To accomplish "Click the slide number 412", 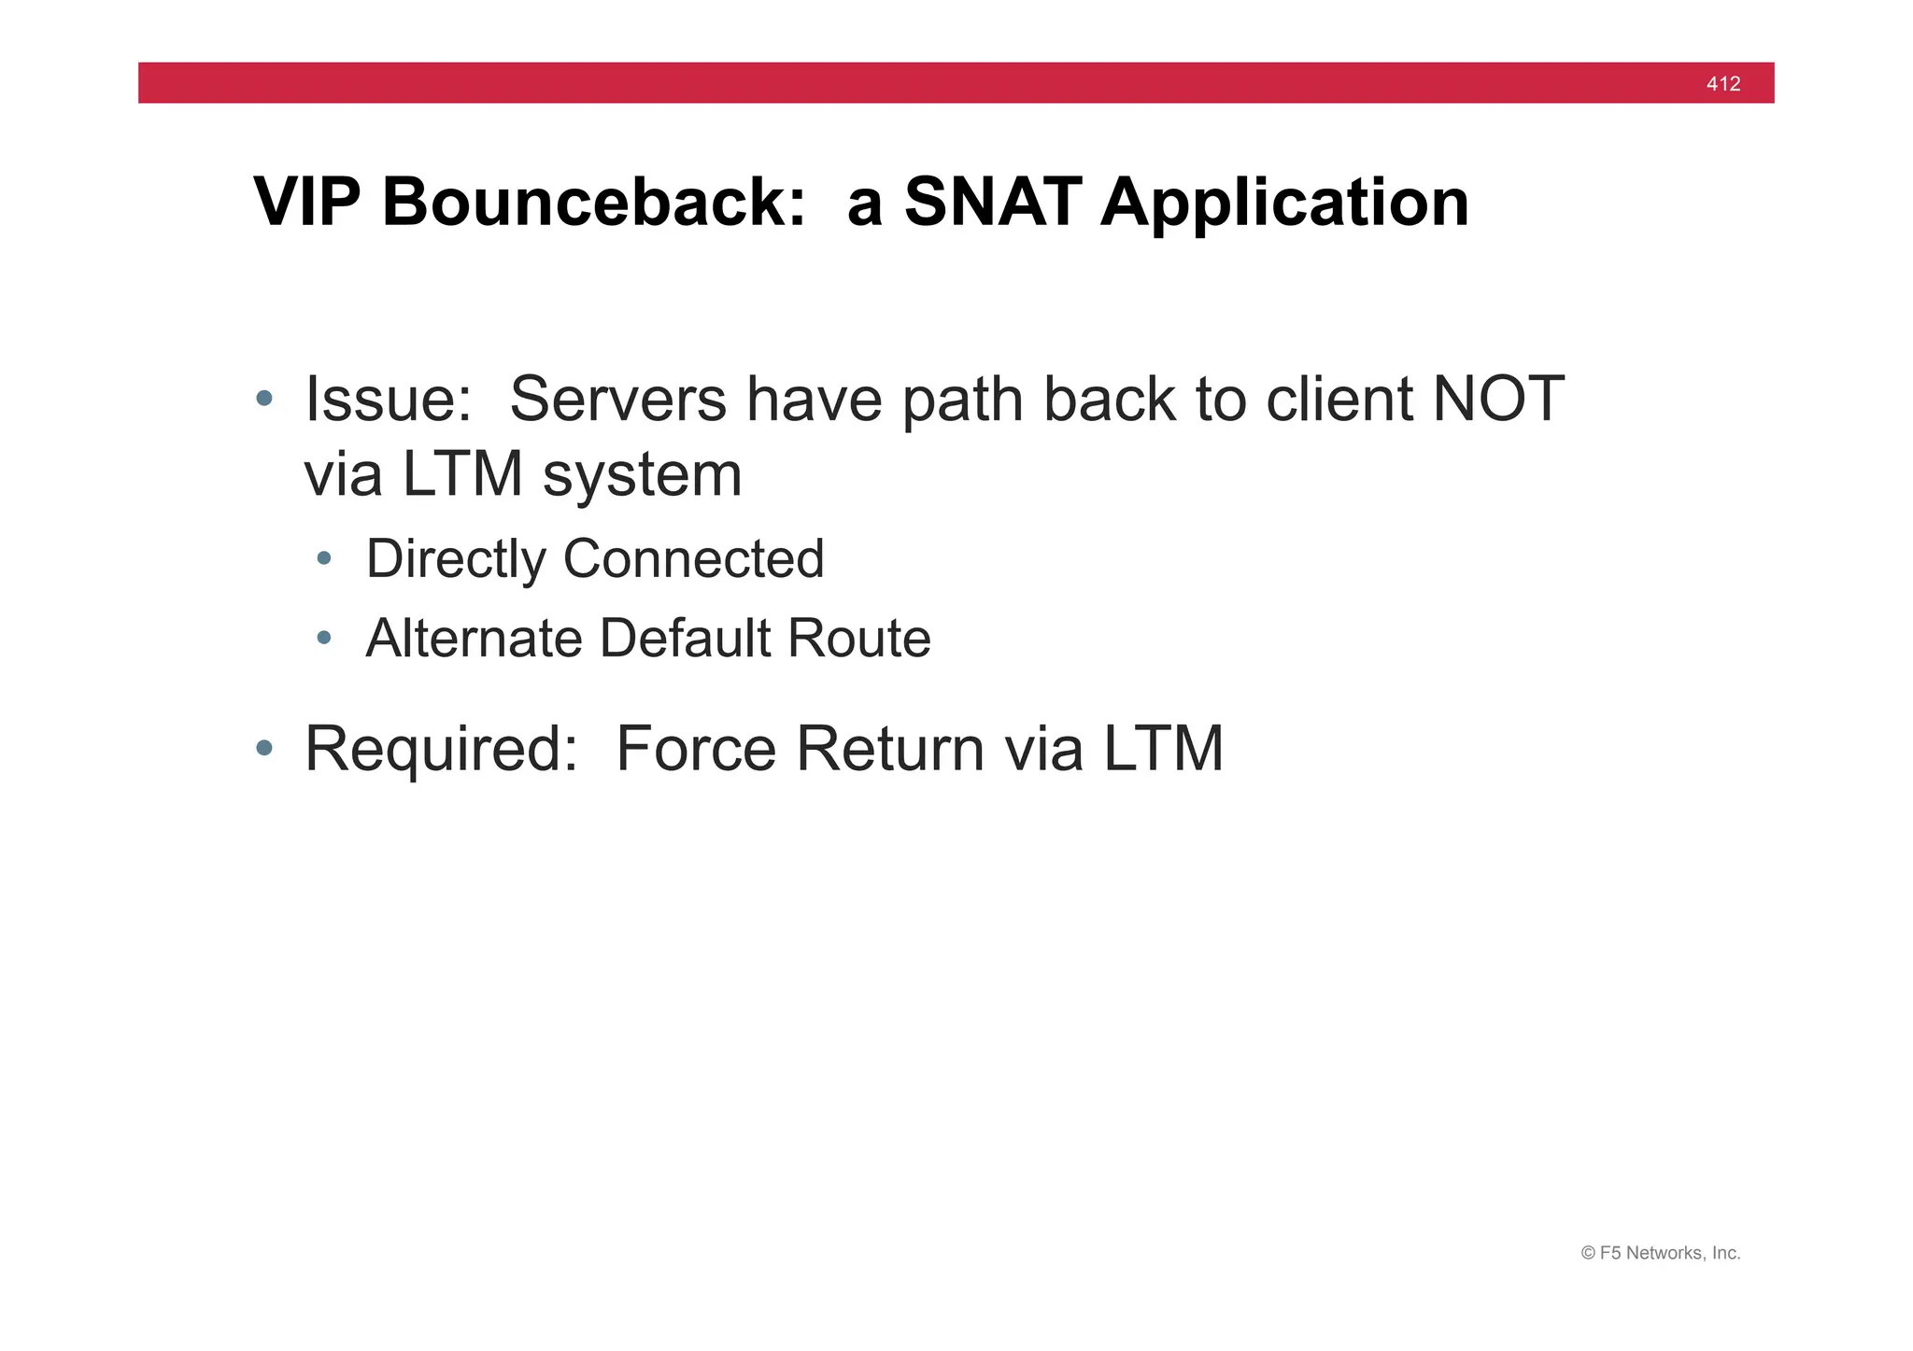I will tap(1722, 84).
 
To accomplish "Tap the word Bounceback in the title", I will tap(593, 202).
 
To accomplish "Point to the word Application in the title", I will tap(1284, 204).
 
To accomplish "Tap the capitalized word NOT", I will tap(1497, 400).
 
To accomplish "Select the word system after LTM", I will tap(642, 475).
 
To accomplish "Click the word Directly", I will tap(456, 560).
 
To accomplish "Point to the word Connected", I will tap(693, 559).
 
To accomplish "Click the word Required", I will tap(441, 751).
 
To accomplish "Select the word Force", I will tap(696, 749).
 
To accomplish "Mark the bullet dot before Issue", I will tap(264, 400).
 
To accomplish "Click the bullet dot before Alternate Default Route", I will tap(324, 639).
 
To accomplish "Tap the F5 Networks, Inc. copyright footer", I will tap(1660, 1253).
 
